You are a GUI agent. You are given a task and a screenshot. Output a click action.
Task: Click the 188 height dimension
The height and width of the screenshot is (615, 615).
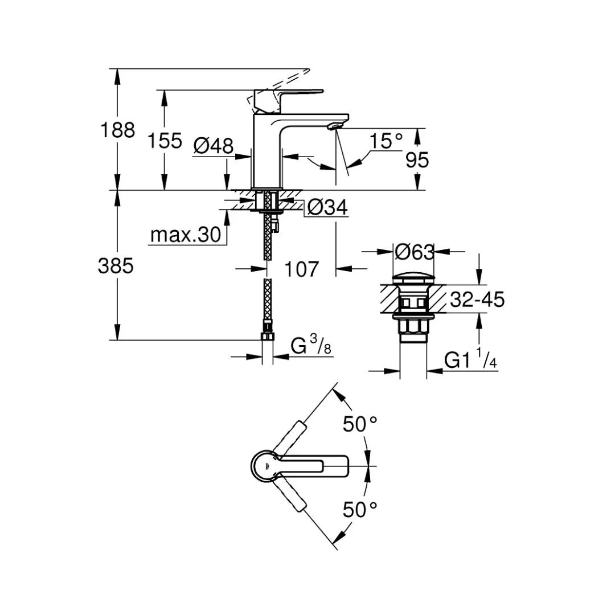pos(118,130)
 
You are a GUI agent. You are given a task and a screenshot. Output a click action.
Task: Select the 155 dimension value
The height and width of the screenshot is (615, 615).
pos(165,141)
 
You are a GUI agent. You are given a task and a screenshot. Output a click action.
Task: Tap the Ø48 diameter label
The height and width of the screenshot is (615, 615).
pos(214,146)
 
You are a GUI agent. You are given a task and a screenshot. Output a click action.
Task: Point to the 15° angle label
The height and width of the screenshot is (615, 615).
pos(386,141)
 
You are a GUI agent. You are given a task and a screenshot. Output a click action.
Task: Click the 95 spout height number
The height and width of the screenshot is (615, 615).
pos(417,160)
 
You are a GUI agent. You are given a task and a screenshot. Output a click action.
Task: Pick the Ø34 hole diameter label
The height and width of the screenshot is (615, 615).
pos(327,207)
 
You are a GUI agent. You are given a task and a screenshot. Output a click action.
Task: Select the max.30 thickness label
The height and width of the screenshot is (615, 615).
pos(186,235)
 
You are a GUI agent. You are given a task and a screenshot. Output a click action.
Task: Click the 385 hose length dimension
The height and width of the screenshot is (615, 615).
pos(116,266)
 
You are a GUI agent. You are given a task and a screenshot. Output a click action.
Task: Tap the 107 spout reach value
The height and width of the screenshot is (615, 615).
pos(301,269)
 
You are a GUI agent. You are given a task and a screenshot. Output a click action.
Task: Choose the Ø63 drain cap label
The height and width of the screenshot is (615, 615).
pos(414,252)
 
